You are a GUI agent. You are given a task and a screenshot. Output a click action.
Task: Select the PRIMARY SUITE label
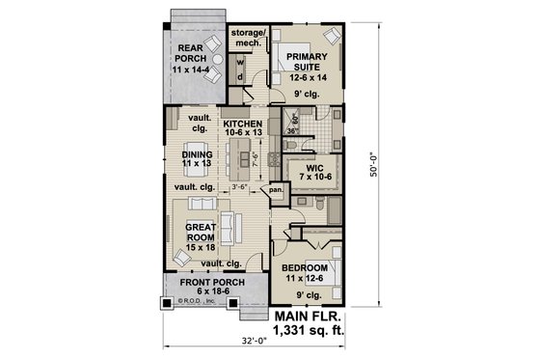(307, 61)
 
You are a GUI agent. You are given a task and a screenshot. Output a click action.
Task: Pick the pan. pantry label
(275, 190)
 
